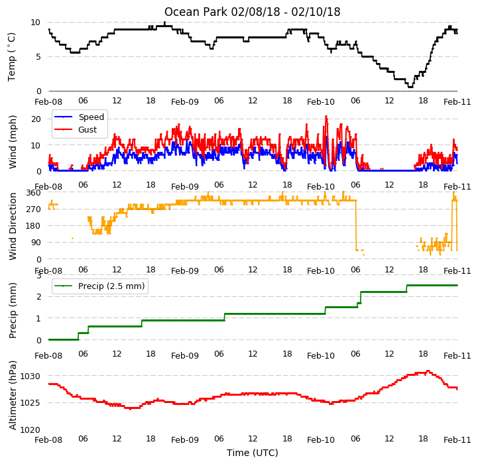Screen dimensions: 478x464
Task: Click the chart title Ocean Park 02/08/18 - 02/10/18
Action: [x=252, y=12]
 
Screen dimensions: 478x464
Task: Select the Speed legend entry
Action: [x=80, y=117]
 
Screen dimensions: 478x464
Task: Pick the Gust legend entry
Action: [x=76, y=129]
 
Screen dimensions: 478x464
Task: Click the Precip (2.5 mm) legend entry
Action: [x=99, y=286]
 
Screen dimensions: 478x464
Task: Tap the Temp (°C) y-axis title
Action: [x=11, y=57]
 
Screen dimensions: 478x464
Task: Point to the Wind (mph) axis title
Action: [x=13, y=142]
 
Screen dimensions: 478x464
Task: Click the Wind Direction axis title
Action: [x=13, y=226]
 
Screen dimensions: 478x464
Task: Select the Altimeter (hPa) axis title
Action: [x=13, y=396]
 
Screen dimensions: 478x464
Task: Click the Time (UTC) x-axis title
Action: [x=253, y=453]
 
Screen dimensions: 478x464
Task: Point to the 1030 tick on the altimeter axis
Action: [x=30, y=377]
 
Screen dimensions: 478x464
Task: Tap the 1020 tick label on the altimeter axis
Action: [x=30, y=430]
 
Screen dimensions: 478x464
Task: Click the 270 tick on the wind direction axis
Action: [x=34, y=209]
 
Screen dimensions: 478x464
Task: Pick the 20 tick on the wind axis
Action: [x=36, y=119]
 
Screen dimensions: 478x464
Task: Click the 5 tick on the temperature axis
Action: [x=38, y=57]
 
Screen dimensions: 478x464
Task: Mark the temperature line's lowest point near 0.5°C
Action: [x=410, y=87]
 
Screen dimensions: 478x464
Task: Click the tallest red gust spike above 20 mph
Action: [x=326, y=116]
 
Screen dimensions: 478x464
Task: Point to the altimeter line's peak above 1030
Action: [x=428, y=371]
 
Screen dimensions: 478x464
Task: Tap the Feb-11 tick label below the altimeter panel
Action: [x=457, y=439]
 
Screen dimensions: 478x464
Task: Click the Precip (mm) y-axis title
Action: [x=13, y=311]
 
